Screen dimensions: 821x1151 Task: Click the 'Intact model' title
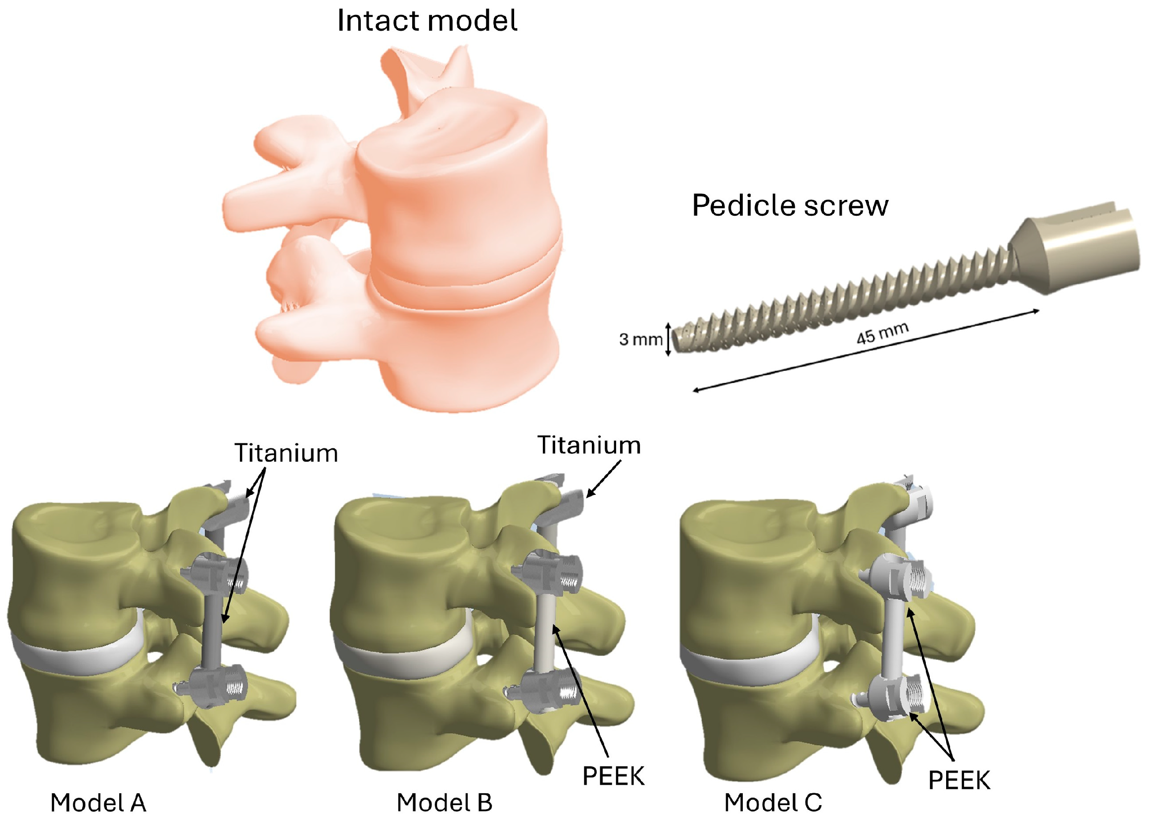[x=427, y=21]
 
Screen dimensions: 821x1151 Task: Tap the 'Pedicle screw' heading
[x=790, y=206]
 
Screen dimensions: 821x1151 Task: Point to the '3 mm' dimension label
[x=640, y=339]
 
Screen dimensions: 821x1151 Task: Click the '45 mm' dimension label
[x=883, y=334]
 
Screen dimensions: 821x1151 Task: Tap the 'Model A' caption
[x=98, y=802]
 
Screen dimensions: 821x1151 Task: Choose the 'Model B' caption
[x=444, y=802]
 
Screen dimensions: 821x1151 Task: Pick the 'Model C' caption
[x=773, y=802]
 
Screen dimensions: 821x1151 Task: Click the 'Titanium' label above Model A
[x=286, y=453]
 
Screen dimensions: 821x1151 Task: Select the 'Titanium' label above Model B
[x=589, y=445]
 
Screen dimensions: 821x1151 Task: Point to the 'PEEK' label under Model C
[x=959, y=780]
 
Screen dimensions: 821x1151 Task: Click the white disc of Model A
[x=76, y=657]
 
